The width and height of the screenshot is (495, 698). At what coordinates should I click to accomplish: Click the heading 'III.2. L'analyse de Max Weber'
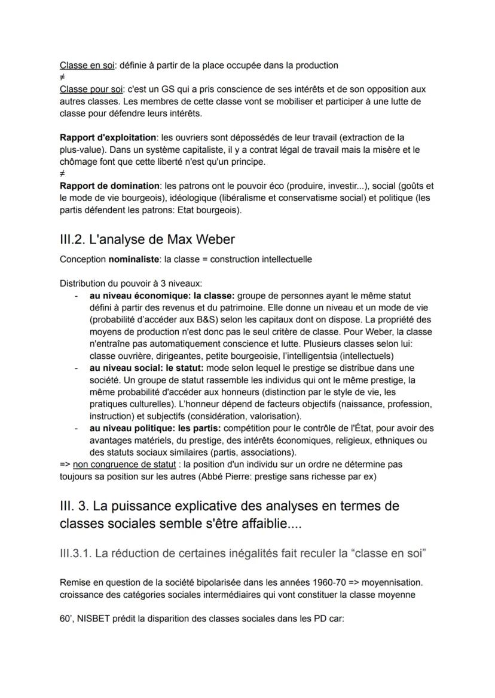point(147,239)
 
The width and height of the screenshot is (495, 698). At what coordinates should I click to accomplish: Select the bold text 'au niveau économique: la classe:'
point(163,296)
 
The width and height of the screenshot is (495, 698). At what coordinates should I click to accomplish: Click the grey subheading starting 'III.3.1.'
point(243,554)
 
